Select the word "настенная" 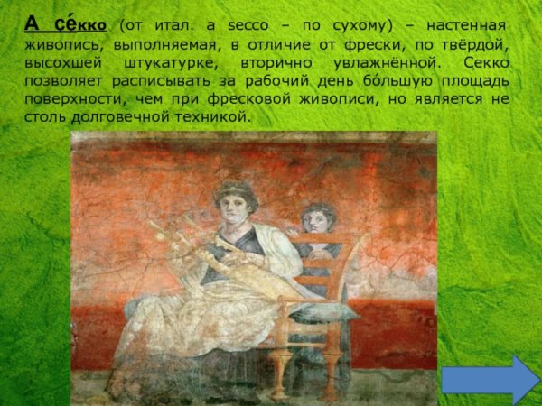[x=463, y=25]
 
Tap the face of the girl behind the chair [x=315, y=219]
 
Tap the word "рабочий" [x=276, y=82]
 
